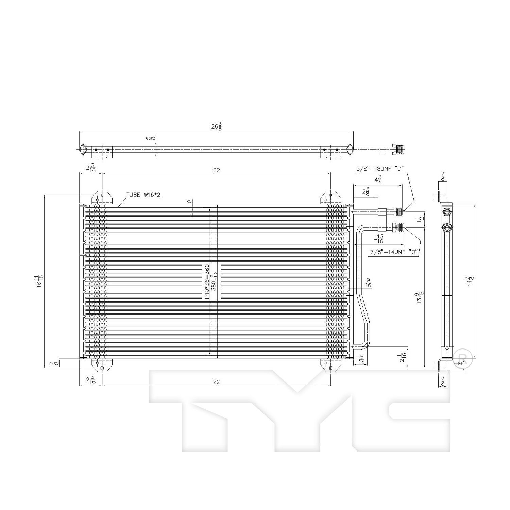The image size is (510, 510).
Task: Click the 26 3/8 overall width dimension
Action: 216,126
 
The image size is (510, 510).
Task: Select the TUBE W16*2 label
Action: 143,195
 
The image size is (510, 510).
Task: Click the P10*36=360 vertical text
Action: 206,281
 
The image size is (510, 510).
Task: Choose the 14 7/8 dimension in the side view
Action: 470,281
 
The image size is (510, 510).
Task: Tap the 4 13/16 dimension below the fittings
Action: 378,239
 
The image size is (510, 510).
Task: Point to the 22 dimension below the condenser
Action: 216,381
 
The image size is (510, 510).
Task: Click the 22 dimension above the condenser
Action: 216,170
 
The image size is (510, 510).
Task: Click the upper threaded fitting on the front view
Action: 398,212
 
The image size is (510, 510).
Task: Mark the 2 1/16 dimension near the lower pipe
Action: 403,357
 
